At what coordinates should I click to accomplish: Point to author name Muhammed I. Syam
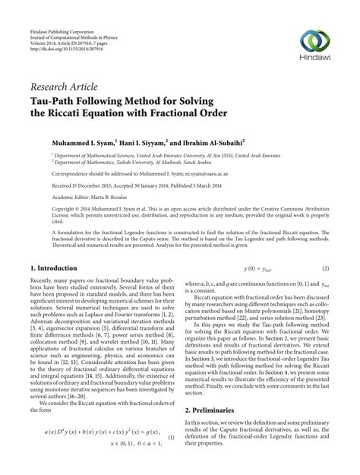point(82,141)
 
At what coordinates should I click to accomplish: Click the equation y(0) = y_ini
point(257,269)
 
